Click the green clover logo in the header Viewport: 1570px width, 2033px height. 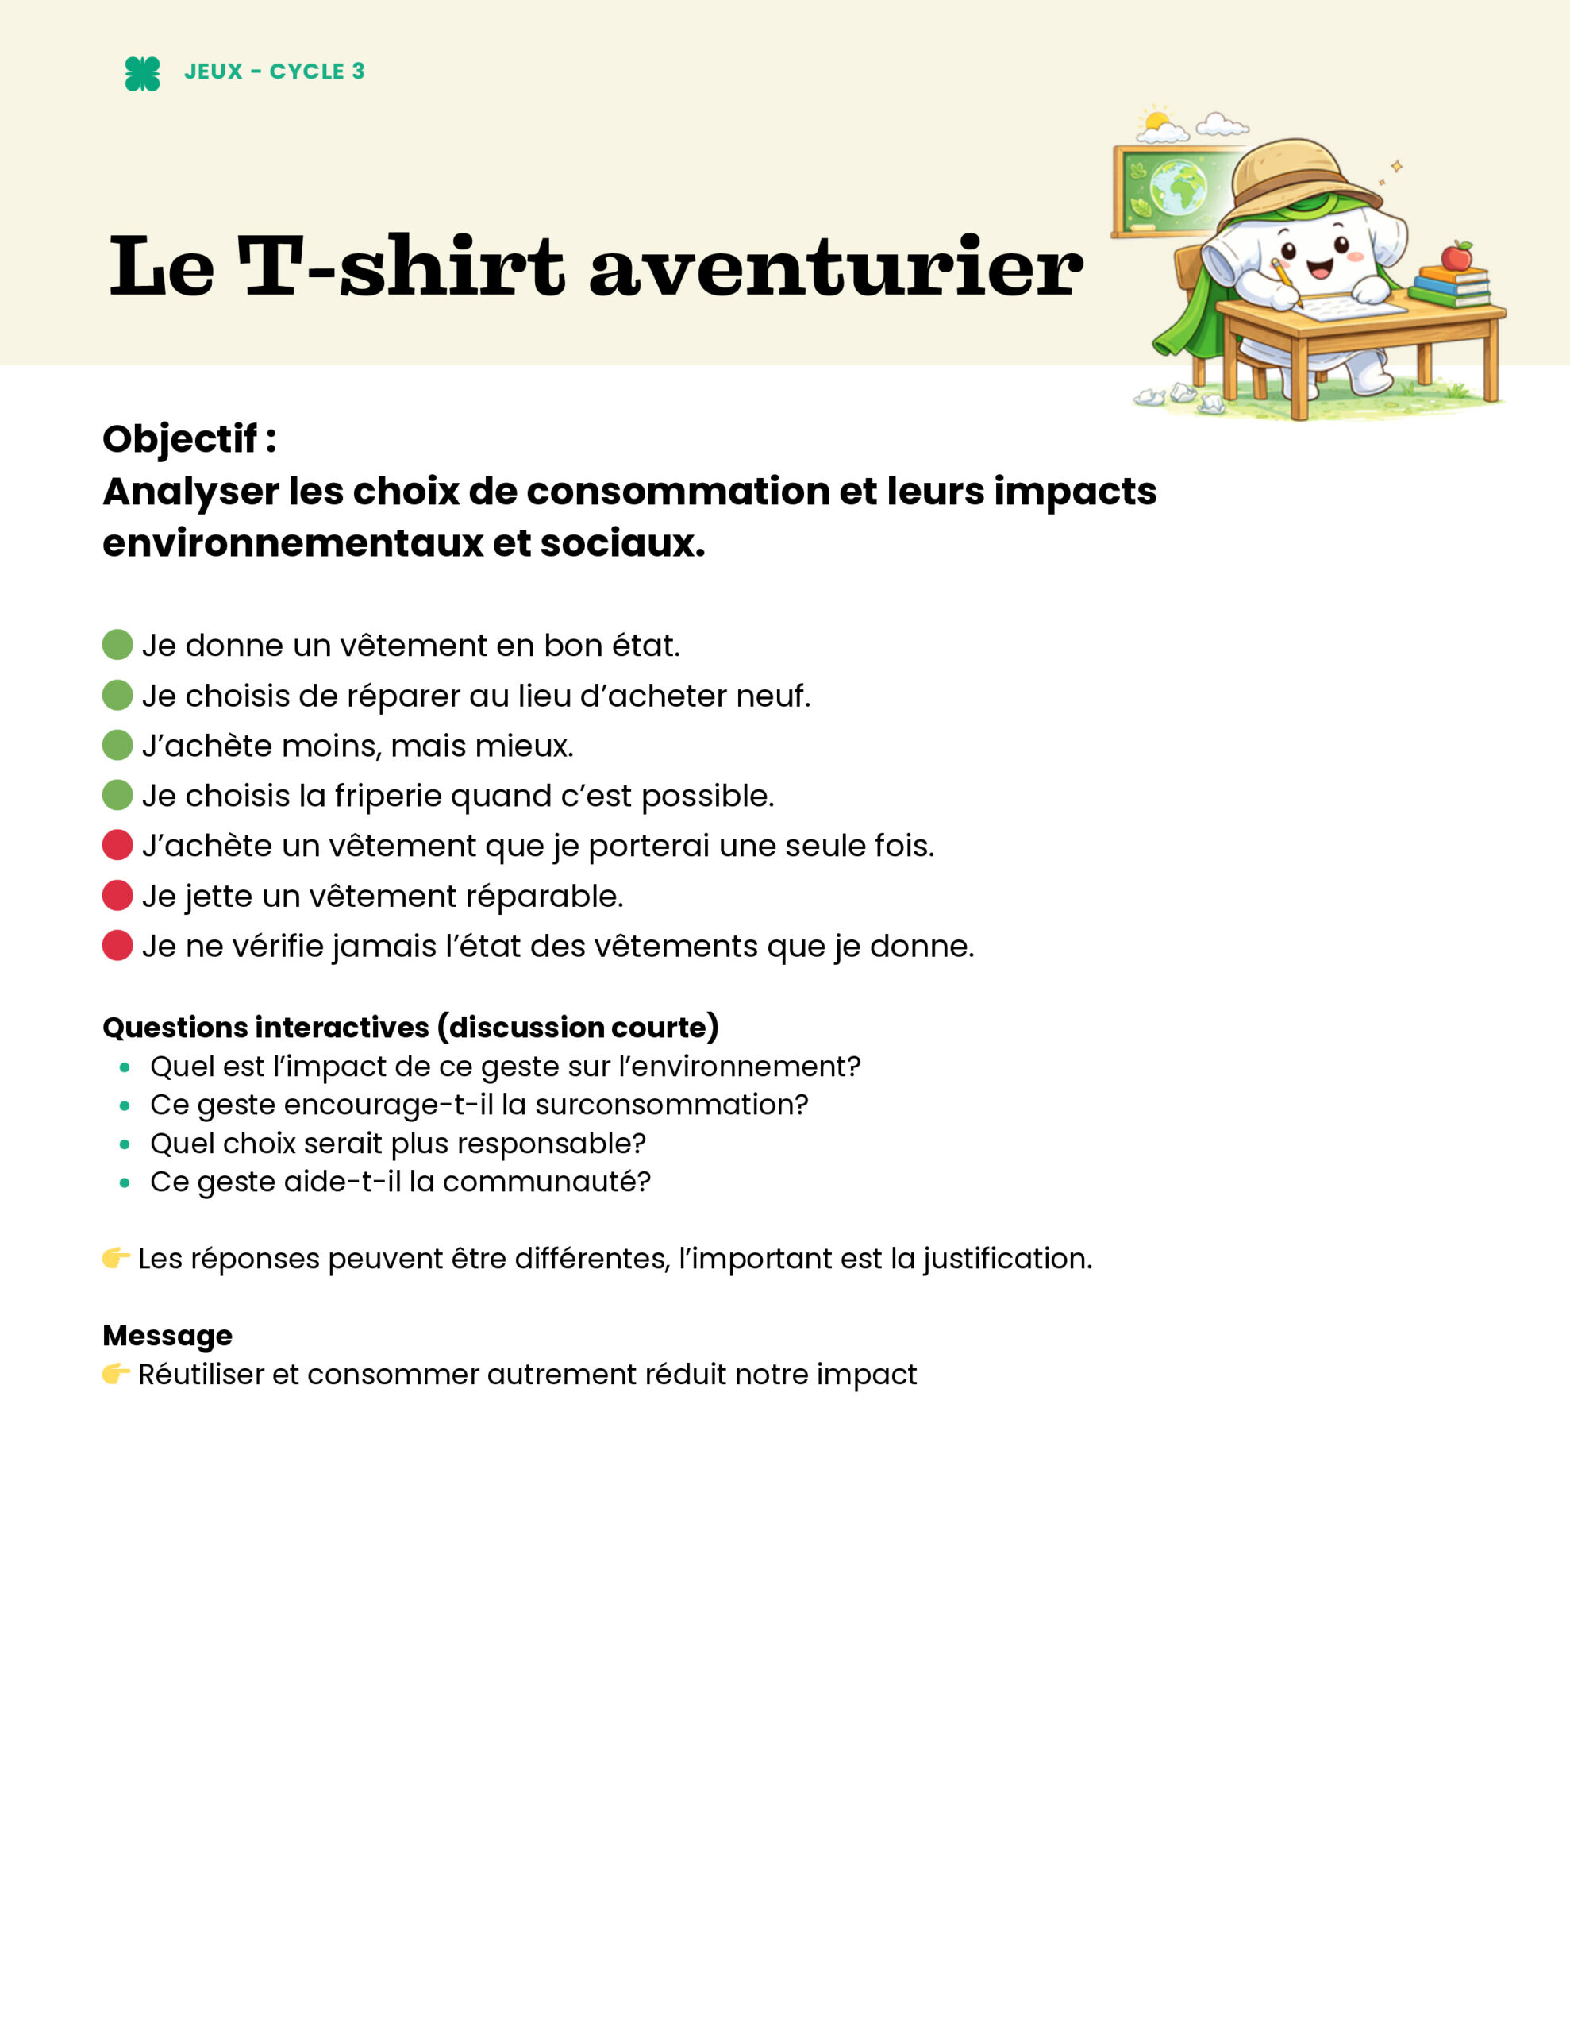[142, 74]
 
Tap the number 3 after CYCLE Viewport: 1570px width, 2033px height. [358, 71]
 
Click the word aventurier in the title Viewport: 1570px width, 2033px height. [836, 268]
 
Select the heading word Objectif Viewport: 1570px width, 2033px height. [179, 438]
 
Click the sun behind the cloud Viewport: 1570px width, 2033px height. [1156, 122]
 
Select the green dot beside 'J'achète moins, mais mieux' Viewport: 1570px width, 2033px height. [117, 746]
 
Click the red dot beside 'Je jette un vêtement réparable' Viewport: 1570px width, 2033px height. [117, 896]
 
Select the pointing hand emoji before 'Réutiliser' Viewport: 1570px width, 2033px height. [115, 1374]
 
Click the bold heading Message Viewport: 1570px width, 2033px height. [167, 1335]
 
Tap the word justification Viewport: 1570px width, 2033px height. [1007, 1259]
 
